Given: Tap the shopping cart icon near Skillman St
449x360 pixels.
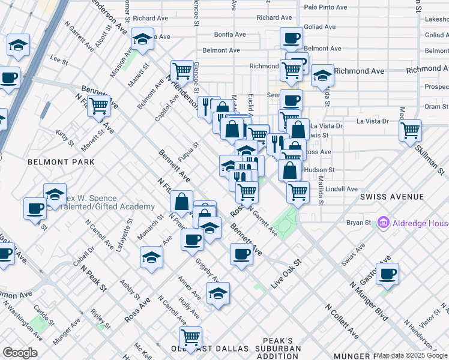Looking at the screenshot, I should (410, 130).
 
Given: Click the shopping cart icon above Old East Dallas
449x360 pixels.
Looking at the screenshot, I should (191, 337).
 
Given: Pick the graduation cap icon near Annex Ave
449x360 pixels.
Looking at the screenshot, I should (217, 294).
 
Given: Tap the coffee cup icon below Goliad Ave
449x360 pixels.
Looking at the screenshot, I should (292, 38).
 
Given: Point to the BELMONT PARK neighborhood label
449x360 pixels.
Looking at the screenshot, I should (61, 162).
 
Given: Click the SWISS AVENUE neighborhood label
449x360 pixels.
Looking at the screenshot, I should (392, 197).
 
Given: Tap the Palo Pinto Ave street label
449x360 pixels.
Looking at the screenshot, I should (325, 8).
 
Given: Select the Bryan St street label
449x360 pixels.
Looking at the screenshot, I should (359, 223).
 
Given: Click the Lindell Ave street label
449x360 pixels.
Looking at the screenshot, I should (342, 189).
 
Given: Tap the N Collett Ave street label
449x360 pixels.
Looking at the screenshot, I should (342, 322).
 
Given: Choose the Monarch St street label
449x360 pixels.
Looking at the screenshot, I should (152, 226).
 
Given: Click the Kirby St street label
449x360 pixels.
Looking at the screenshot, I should (64, 137).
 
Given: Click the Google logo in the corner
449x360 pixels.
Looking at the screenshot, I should (20, 353).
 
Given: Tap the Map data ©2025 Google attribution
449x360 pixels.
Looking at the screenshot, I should (412, 355).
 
